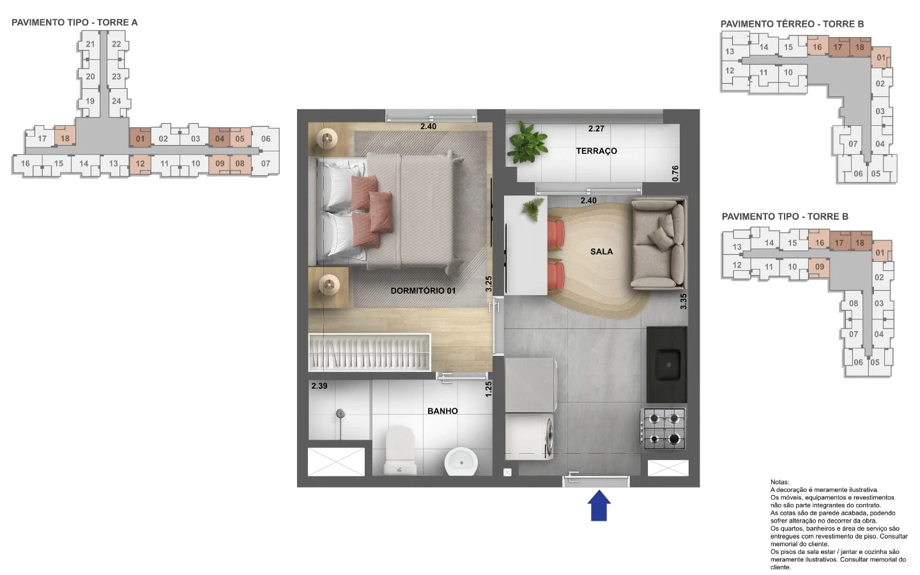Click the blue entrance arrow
click(x=599, y=505)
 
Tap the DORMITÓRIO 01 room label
click(x=423, y=291)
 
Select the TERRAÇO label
click(x=596, y=151)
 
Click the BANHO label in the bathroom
click(x=442, y=411)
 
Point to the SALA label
click(x=601, y=251)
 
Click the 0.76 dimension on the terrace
click(x=675, y=173)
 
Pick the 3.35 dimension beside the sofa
click(x=683, y=302)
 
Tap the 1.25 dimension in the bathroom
click(x=488, y=389)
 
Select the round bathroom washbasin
click(x=461, y=462)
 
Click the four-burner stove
click(x=663, y=428)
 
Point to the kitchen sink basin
click(x=668, y=364)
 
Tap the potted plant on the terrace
click(x=527, y=142)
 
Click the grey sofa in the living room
click(x=658, y=243)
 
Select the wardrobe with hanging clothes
click(x=369, y=353)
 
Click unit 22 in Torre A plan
click(x=117, y=44)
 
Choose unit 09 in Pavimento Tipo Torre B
click(x=819, y=267)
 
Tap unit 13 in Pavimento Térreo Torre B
click(x=730, y=51)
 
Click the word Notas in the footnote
click(x=779, y=482)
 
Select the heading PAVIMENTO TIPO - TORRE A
click(x=75, y=22)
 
